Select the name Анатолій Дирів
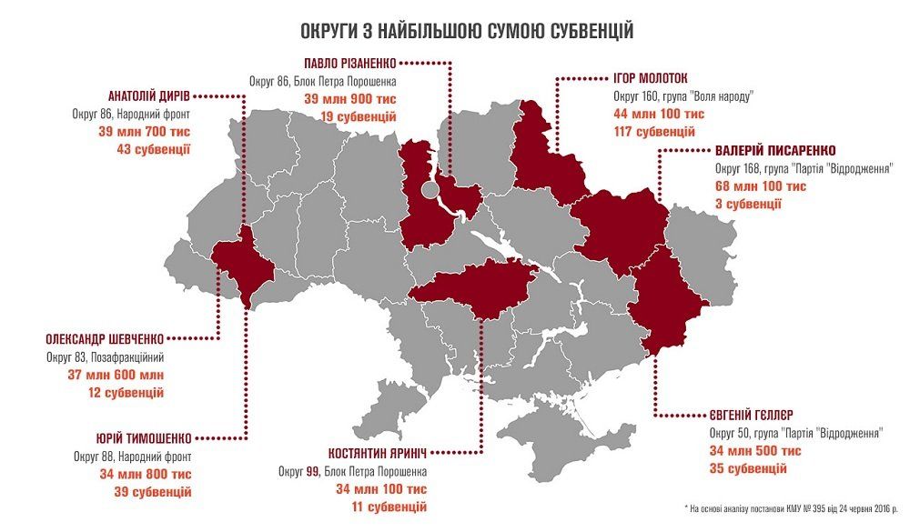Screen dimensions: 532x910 (147, 96)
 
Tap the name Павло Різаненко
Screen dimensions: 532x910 (350, 63)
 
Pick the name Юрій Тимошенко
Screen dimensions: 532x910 (135, 437)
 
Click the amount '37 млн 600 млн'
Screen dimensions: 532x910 (106, 375)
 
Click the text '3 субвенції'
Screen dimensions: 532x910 (748, 204)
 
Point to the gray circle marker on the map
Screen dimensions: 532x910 (430, 191)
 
